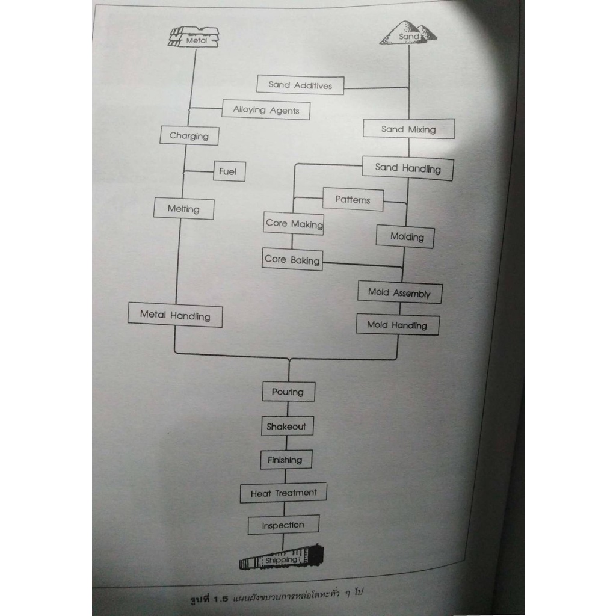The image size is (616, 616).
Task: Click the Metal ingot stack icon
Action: (194, 37)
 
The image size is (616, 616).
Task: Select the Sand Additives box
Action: (301, 85)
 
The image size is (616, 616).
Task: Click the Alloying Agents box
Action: (266, 109)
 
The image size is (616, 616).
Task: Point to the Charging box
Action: (189, 135)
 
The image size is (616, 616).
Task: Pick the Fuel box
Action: (229, 171)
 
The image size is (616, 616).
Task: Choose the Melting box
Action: (184, 209)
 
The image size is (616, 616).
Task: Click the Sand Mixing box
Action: (409, 129)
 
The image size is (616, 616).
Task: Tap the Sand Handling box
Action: (408, 168)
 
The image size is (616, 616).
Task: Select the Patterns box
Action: (353, 200)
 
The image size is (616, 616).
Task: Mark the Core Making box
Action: (294, 224)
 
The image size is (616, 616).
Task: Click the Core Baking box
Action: (292, 259)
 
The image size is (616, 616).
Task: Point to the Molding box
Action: (405, 237)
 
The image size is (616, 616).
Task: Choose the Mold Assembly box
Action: (400, 292)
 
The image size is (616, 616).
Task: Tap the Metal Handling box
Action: (175, 315)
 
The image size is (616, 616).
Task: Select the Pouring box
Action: (289, 392)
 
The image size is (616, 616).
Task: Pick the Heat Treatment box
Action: (284, 493)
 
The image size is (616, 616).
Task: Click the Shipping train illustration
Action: (282, 558)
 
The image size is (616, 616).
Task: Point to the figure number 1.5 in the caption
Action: (221, 599)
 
